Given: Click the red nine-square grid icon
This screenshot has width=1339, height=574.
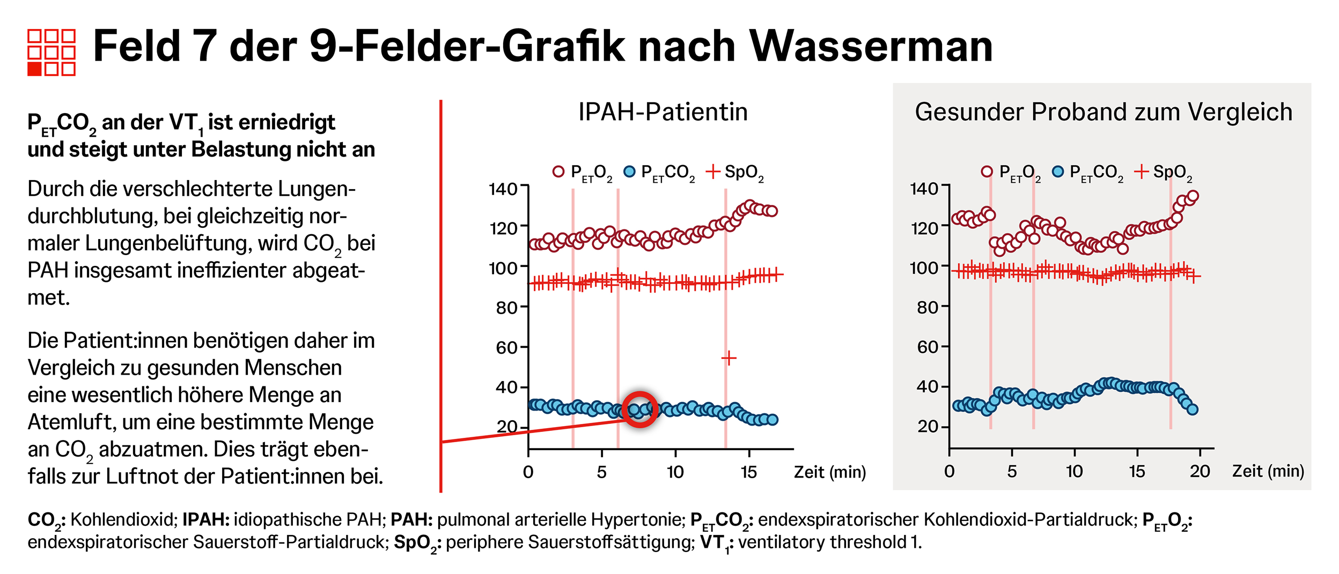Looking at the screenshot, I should [x=51, y=52].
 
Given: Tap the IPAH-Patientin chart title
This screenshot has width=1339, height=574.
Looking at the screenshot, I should [x=663, y=112].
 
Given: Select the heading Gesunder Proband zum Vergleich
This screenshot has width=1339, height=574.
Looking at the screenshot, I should [x=1103, y=112].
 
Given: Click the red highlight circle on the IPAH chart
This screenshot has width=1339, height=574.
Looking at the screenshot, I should [x=640, y=409].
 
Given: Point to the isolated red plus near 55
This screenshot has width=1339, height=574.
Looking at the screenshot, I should [x=729, y=357].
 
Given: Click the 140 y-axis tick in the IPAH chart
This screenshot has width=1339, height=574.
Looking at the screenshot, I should [x=503, y=189].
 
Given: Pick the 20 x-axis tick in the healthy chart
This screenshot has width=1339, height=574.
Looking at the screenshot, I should [x=1200, y=472].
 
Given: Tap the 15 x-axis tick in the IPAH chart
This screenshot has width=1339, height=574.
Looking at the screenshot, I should [x=748, y=472].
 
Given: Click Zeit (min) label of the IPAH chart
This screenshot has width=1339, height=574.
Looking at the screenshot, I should [x=829, y=472].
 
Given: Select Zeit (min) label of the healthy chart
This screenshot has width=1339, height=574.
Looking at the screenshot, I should [x=1268, y=471].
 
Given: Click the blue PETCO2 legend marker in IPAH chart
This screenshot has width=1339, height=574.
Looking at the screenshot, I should [x=629, y=172].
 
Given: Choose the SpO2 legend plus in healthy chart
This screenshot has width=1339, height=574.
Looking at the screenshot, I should [x=1141, y=172].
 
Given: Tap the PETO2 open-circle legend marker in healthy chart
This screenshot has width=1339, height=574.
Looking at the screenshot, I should [x=987, y=172].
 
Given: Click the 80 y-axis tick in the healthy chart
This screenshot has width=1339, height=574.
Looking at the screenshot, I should [x=928, y=307].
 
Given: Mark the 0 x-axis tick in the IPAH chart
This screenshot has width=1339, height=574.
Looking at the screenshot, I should [x=528, y=472].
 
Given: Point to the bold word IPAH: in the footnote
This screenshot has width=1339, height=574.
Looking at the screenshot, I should [x=206, y=519].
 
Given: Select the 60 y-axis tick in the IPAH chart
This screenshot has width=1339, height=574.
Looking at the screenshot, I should [x=506, y=348].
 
